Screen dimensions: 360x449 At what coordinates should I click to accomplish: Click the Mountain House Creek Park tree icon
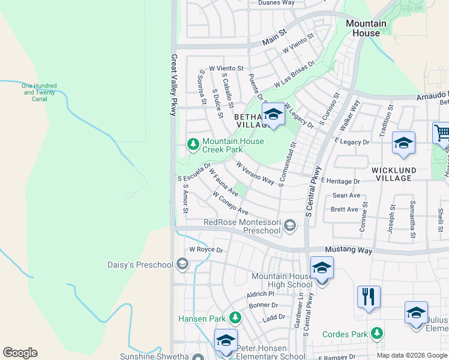[193, 144]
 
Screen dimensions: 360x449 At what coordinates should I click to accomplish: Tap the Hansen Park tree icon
[236, 317]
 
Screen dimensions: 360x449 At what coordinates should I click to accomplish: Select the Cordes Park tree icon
[377, 333]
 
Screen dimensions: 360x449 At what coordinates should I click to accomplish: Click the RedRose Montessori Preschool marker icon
[290, 226]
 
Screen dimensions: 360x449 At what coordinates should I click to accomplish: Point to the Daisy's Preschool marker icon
[182, 264]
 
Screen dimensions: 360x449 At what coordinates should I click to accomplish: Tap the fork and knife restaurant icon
[369, 297]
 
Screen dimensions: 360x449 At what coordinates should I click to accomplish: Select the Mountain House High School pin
[322, 269]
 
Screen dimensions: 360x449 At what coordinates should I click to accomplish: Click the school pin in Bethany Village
[273, 114]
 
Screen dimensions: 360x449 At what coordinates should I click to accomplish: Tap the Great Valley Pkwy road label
[173, 85]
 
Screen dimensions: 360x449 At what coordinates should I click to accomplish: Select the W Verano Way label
[255, 173]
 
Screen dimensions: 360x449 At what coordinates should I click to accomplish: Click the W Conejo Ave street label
[230, 203]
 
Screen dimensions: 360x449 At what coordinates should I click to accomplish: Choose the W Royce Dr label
[206, 250]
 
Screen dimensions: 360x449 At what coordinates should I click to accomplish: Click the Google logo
[20, 353]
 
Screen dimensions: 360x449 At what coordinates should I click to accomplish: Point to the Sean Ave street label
[346, 196]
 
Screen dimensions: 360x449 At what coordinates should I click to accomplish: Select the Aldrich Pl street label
[260, 295]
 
